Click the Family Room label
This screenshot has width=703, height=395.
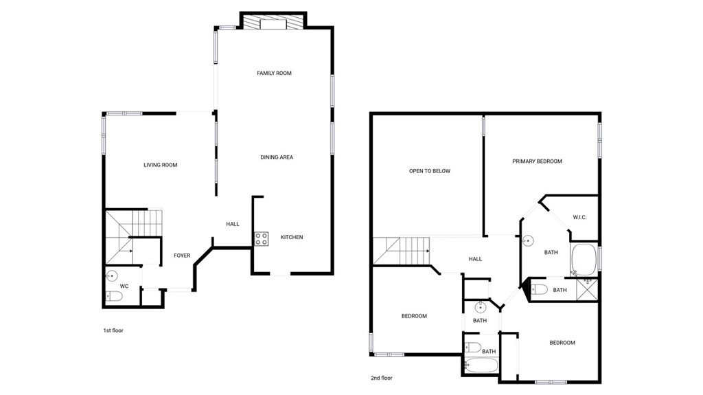click(274, 74)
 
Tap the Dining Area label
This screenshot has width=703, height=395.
click(277, 157)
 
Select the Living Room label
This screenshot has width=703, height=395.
click(161, 165)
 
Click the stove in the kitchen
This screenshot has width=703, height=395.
click(262, 239)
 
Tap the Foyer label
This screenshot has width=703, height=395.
click(182, 256)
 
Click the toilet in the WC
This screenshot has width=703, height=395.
click(114, 296)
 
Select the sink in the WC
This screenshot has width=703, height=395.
click(111, 275)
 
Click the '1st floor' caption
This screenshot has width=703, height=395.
click(113, 331)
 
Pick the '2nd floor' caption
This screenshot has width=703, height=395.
click(381, 379)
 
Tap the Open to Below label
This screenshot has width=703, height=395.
click(430, 171)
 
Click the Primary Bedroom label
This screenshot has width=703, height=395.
click(537, 161)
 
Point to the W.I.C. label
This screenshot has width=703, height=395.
click(579, 218)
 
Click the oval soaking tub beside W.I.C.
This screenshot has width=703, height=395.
click(584, 260)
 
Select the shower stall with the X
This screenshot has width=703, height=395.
click(588, 289)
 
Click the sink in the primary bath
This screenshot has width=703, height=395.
click(528, 241)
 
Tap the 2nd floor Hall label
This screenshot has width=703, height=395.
click(475, 259)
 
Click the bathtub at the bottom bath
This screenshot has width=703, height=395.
click(481, 365)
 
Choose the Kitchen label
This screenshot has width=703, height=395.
click(292, 238)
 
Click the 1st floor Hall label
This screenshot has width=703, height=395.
click(233, 224)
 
